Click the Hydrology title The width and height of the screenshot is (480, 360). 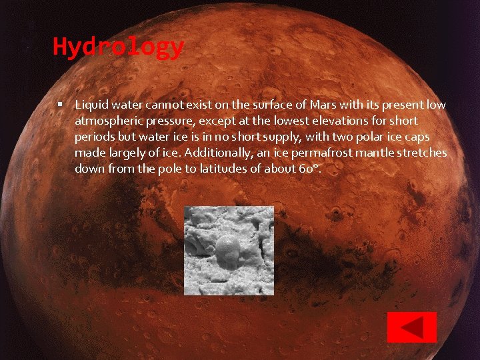pos(118,47)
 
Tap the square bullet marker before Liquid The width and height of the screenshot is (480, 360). pos(60,105)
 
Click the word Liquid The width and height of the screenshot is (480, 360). pos(91,105)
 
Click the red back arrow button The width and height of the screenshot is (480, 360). pos(412,327)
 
